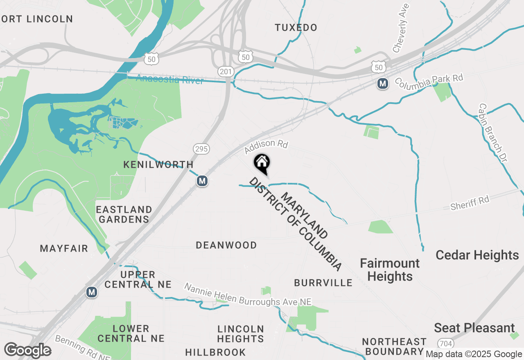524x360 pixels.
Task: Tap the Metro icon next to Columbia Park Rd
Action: pos(383,84)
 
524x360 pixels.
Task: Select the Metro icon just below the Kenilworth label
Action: pos(202,181)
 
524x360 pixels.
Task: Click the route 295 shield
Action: pos(201,149)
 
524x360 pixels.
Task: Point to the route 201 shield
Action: pos(226,72)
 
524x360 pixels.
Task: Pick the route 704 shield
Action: pos(445,342)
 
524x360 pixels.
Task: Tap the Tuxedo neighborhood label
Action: pos(296,28)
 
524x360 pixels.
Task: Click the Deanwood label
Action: pos(226,245)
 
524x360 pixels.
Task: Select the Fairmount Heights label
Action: pos(390,270)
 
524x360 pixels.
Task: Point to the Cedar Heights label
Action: pos(477,255)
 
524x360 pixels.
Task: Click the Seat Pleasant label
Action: pos(474,328)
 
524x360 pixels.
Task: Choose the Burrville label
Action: pos(323,283)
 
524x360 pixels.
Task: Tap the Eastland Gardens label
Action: pos(124,214)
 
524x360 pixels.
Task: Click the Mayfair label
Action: pos(64,248)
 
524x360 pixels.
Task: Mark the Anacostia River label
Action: pos(169,79)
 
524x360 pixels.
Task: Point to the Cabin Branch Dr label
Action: pos(492,132)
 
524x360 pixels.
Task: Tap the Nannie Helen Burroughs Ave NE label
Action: pos(248,295)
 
